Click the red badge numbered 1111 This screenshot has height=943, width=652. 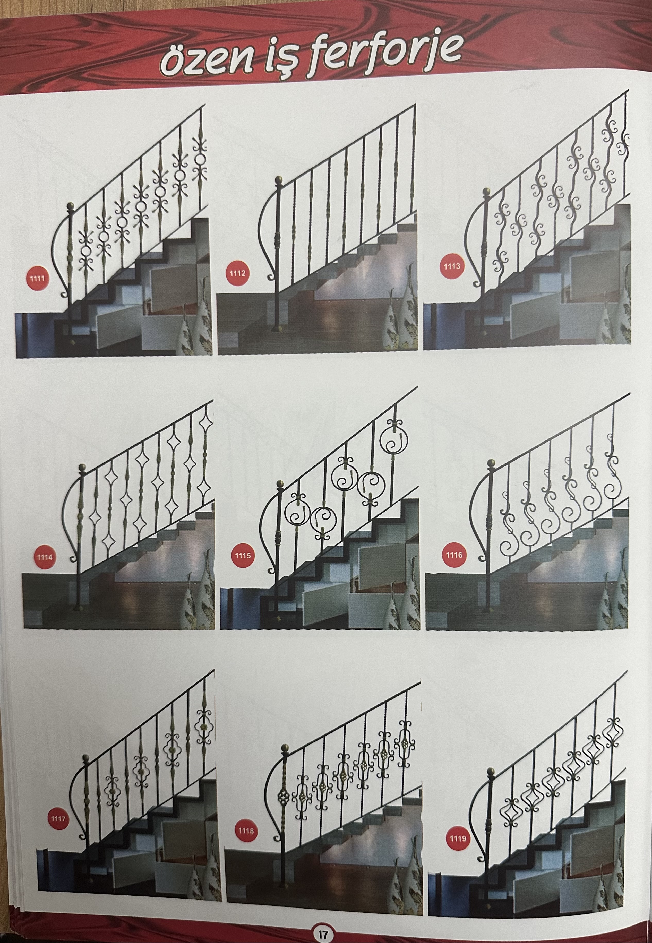(x=37, y=279)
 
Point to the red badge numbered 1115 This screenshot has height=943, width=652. (x=243, y=556)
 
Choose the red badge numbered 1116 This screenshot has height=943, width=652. (x=454, y=555)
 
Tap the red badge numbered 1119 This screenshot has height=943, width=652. (x=458, y=838)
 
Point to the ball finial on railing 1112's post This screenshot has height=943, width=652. (x=279, y=180)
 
